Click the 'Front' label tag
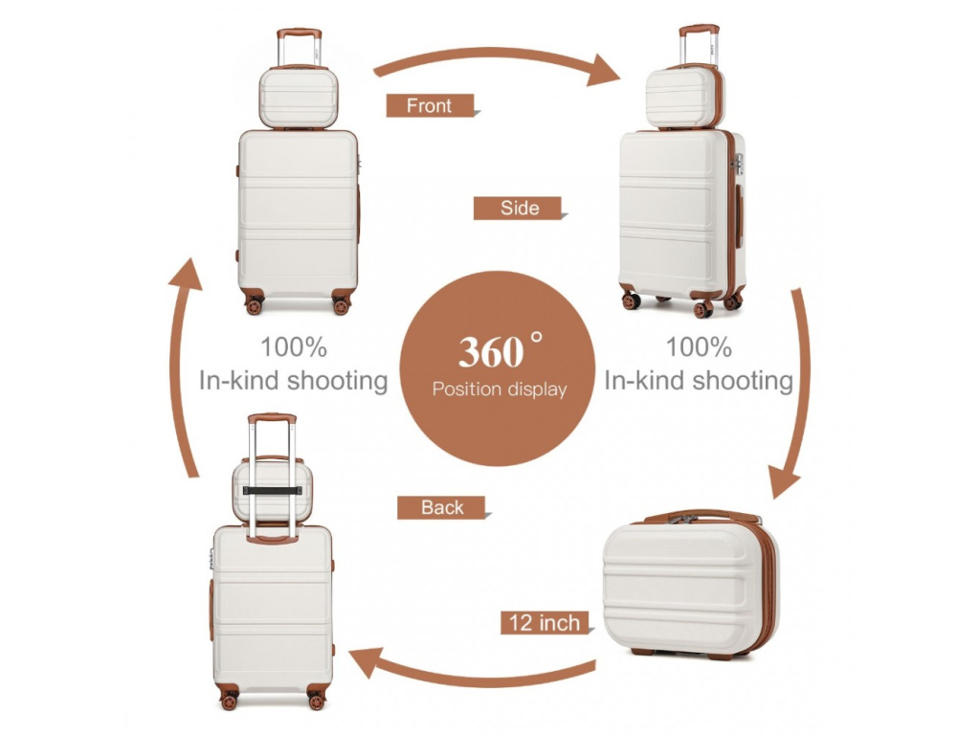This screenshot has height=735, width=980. [x=430, y=105]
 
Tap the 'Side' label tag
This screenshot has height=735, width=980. [x=519, y=208]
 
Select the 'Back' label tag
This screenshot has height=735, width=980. [x=441, y=507]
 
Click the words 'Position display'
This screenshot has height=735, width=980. [x=499, y=390]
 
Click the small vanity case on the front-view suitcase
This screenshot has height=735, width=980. [x=299, y=98]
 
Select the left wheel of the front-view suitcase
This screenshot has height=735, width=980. [x=254, y=306]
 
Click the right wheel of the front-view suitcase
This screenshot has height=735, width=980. [x=341, y=306]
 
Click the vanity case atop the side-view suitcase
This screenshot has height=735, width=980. [x=680, y=98]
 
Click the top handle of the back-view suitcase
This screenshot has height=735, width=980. [x=272, y=419]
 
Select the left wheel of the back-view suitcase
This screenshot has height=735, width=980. [x=229, y=702]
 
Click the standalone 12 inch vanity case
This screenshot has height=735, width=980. [x=689, y=584]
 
